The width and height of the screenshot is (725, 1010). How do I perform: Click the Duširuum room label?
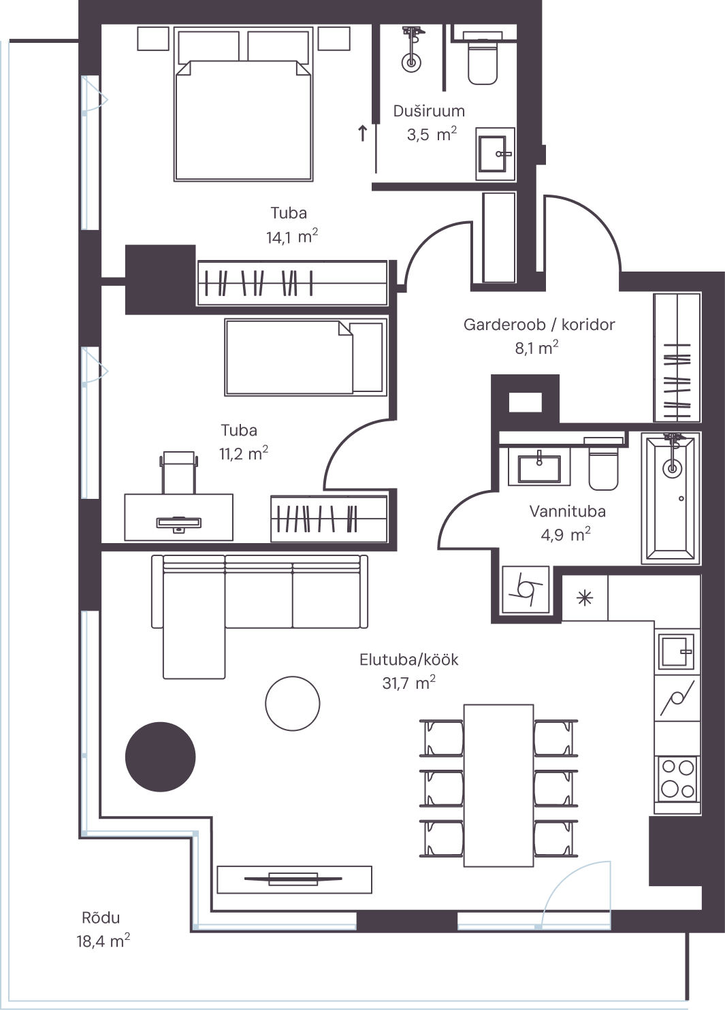429,111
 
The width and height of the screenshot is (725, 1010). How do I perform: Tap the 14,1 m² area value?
292,236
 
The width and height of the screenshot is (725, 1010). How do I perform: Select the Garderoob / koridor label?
539,325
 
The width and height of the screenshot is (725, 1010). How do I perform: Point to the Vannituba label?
567,511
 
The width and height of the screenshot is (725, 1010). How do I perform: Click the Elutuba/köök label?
409,659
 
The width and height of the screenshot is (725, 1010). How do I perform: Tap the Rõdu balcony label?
101,917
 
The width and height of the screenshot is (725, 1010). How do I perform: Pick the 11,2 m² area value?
244,453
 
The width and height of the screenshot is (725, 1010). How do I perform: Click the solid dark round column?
161,757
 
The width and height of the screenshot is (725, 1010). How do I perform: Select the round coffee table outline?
293,704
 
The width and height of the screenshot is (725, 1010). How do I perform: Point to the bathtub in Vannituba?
671,498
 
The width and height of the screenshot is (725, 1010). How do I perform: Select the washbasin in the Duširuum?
496,154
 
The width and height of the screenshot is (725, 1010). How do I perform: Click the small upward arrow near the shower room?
362,133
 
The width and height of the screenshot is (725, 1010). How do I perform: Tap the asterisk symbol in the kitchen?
585,598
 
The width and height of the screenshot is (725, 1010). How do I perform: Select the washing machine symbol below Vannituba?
526,590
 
